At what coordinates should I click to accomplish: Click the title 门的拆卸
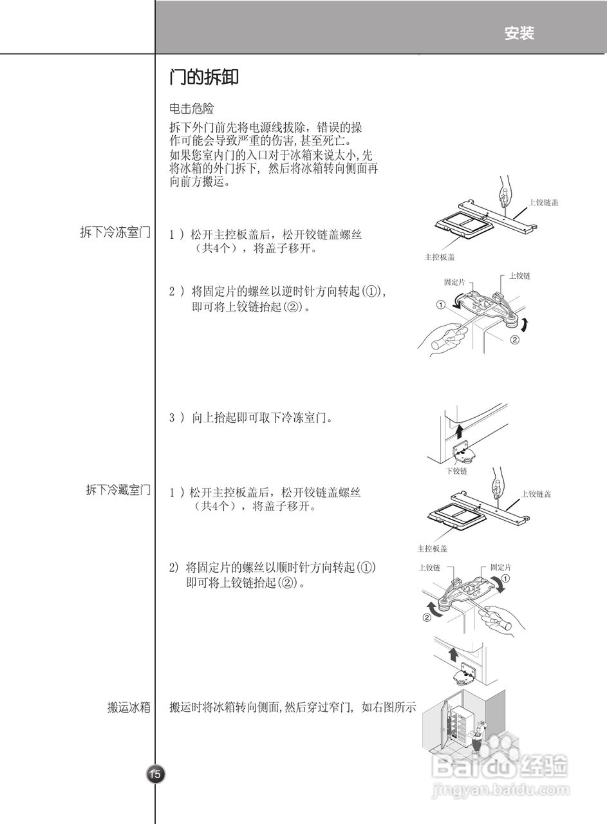click(204, 78)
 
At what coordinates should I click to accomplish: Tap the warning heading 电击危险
click(191, 109)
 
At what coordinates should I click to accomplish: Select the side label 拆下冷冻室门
click(115, 232)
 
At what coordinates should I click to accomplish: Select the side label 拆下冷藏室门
click(118, 491)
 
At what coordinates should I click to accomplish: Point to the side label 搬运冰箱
click(129, 707)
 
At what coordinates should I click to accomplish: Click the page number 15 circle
click(155, 774)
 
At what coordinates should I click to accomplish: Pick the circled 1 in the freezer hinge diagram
click(441, 305)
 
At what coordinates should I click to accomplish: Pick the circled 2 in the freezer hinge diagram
click(514, 339)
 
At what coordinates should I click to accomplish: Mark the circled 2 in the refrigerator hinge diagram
click(426, 618)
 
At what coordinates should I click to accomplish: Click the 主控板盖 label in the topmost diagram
click(439, 256)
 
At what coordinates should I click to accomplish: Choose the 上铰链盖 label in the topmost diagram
click(543, 202)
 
